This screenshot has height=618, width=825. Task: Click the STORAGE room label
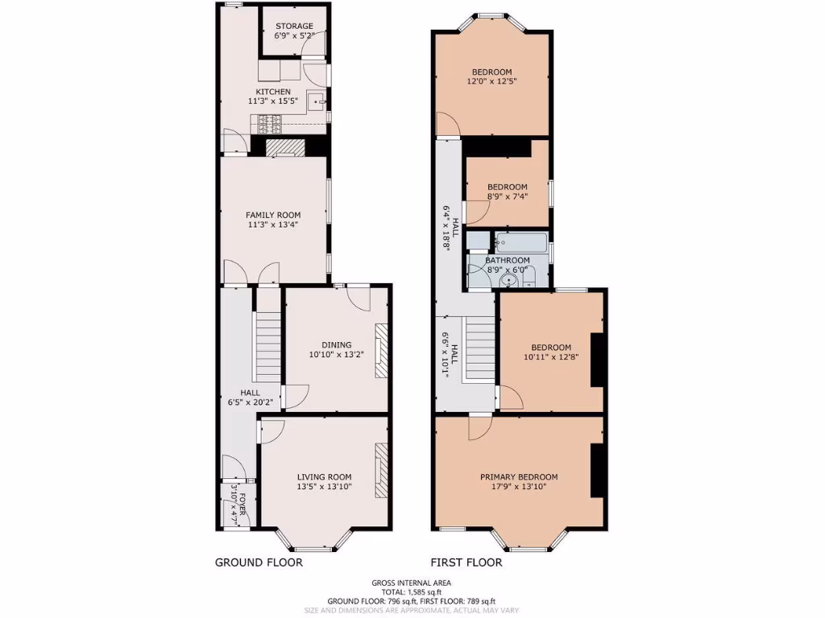pyautogui.click(x=294, y=26)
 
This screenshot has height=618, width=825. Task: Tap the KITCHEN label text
pyautogui.click(x=273, y=92)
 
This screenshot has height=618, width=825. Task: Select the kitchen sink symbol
pyautogui.click(x=320, y=101)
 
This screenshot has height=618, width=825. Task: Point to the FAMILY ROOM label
pyautogui.click(x=273, y=215)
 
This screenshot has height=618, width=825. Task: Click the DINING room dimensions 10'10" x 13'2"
pyautogui.click(x=337, y=355)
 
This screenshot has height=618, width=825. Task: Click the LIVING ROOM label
pyautogui.click(x=324, y=476)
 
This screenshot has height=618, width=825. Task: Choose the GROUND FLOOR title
pyautogui.click(x=259, y=562)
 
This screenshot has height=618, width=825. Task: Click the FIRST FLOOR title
pyautogui.click(x=466, y=562)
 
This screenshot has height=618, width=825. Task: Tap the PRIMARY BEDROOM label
pyautogui.click(x=519, y=476)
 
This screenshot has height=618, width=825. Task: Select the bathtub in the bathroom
pyautogui.click(x=521, y=242)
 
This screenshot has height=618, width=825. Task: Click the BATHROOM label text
pyautogui.click(x=508, y=260)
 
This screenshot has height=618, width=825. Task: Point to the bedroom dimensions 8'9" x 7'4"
pyautogui.click(x=507, y=197)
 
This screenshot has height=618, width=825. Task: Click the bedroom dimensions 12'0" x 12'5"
pyautogui.click(x=491, y=81)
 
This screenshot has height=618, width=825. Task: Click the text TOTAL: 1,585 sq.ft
pyautogui.click(x=411, y=591)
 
